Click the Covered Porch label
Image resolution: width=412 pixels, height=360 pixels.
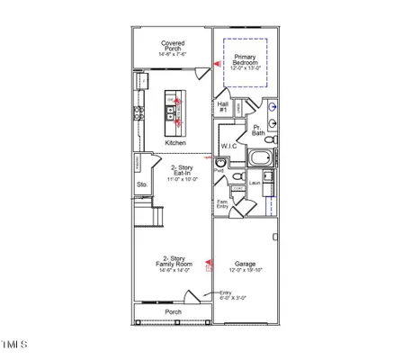[x=173, y=47]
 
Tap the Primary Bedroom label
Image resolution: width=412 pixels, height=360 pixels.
[x=246, y=61]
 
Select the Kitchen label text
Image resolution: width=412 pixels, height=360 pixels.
[x=175, y=143]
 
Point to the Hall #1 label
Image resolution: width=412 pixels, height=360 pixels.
[x=223, y=107]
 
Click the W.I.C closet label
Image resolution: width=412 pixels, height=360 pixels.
[x=228, y=146]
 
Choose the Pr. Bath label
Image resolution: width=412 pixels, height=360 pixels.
[x=259, y=130]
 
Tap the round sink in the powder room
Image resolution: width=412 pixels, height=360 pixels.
[x=219, y=163]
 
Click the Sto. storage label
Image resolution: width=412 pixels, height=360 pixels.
[x=141, y=185]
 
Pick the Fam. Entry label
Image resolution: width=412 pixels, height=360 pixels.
[x=222, y=204]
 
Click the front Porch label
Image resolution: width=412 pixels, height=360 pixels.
[x=173, y=312]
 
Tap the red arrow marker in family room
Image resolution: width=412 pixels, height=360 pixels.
[x=208, y=265]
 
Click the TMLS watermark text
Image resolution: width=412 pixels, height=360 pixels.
[x=15, y=344]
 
